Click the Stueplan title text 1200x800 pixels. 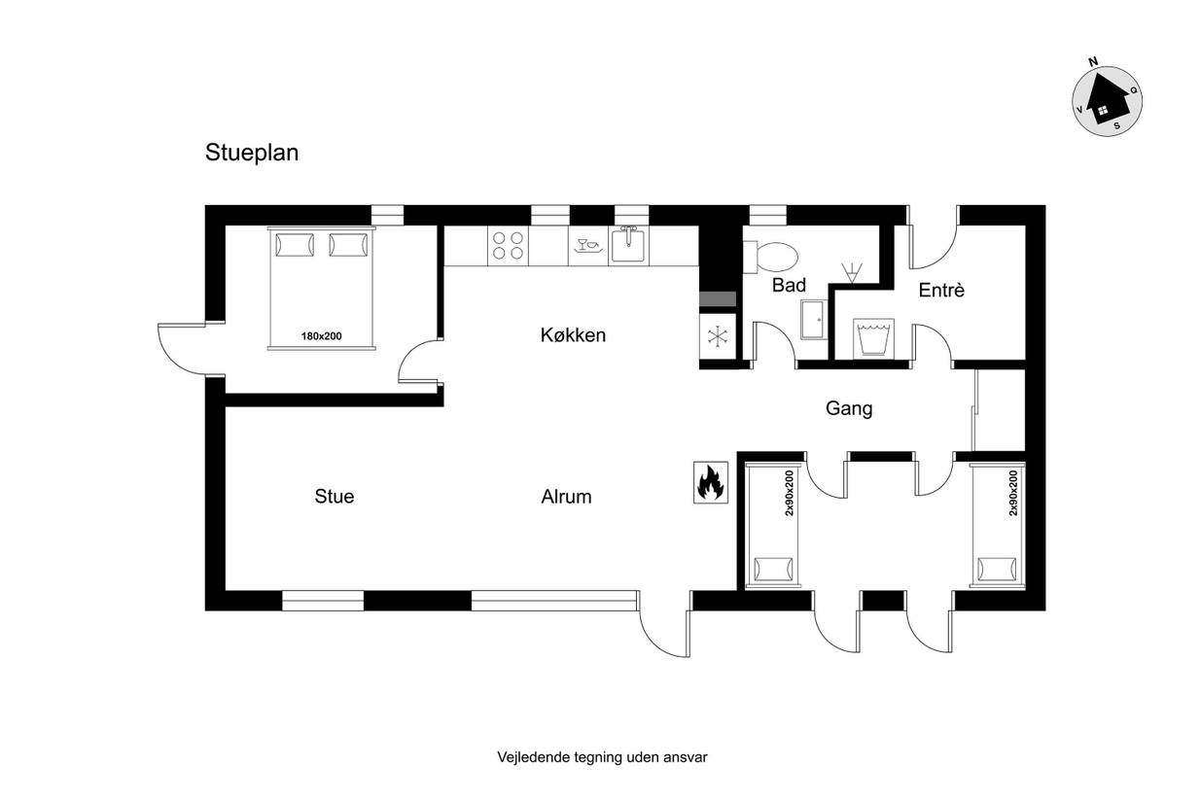click(x=252, y=154)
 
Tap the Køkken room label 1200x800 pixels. click(x=573, y=335)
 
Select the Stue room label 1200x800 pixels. click(x=335, y=497)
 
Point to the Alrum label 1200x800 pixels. click(x=566, y=497)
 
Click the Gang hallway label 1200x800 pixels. click(x=849, y=408)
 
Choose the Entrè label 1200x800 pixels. click(x=941, y=291)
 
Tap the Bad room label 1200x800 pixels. click(x=789, y=286)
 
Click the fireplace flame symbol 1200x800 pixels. click(x=710, y=482)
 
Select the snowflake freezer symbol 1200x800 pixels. click(x=718, y=336)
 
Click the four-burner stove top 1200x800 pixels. click(x=508, y=245)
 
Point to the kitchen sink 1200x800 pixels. click(x=628, y=245)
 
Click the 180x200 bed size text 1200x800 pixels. click(x=322, y=336)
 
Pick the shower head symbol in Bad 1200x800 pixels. click(x=852, y=272)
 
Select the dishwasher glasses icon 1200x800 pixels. click(x=588, y=245)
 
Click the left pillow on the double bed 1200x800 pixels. click(x=295, y=245)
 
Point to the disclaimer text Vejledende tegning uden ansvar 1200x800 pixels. click(x=602, y=757)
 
